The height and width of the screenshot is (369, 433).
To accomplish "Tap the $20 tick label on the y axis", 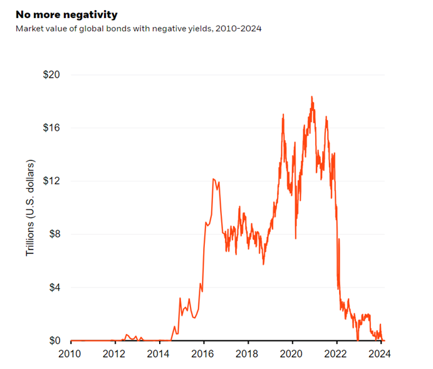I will click(51, 75).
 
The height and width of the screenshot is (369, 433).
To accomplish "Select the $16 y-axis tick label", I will click(51, 128).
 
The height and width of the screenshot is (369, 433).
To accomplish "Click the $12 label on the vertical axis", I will click(51, 181).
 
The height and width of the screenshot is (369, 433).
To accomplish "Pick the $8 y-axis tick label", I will click(54, 234).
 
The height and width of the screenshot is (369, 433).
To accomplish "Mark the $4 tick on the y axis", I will click(54, 288).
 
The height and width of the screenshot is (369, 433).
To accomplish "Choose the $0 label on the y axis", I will click(54, 341).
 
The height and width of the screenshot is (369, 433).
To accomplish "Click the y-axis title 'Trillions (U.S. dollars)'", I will click(29, 207).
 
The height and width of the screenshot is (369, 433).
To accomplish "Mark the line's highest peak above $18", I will click(311, 97).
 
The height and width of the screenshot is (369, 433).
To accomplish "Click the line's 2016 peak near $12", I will click(214, 179).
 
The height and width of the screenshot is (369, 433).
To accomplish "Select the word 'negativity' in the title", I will click(93, 14).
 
